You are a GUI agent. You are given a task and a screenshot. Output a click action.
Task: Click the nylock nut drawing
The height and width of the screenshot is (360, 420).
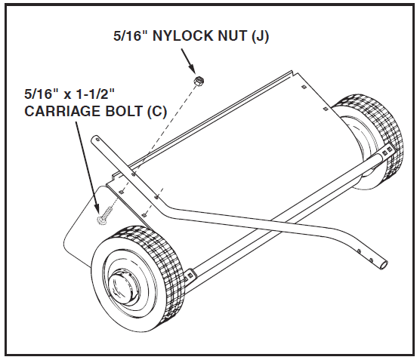tap(198, 80)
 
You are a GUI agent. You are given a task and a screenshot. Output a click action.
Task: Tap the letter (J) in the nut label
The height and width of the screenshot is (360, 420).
tap(260, 36)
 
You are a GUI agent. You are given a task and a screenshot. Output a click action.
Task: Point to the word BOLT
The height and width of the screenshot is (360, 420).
tap(123, 111)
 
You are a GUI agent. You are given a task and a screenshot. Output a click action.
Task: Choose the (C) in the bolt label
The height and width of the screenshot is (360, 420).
tap(157, 112)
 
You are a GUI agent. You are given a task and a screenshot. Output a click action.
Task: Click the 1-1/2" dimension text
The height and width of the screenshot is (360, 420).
tap(95, 94)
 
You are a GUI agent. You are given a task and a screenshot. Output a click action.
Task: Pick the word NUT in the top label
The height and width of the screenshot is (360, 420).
tap(233, 35)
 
